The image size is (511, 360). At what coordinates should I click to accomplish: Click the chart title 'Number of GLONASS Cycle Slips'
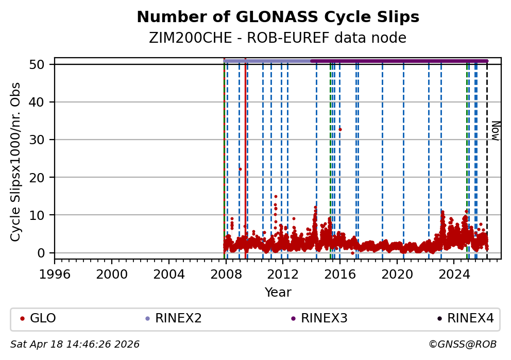[x=278, y=17]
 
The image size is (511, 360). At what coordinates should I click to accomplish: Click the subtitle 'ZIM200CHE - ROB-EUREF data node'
[x=278, y=38]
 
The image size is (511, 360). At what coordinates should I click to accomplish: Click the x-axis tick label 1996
[x=55, y=273]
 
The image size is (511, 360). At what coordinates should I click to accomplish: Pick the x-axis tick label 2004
[x=169, y=273]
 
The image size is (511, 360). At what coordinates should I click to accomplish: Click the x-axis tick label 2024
[x=454, y=273]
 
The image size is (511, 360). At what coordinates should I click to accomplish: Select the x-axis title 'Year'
[x=278, y=293]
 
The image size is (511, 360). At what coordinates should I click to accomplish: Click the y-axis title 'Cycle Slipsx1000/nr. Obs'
[x=16, y=162]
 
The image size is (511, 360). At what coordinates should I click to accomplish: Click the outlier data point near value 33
[x=340, y=129]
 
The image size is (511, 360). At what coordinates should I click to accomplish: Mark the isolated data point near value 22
[x=240, y=169]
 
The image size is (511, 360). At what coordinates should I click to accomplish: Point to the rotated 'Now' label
[x=495, y=130]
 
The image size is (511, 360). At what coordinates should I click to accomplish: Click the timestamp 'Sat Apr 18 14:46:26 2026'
[x=75, y=344]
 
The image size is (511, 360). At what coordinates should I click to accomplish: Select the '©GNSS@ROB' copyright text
[x=462, y=344]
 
